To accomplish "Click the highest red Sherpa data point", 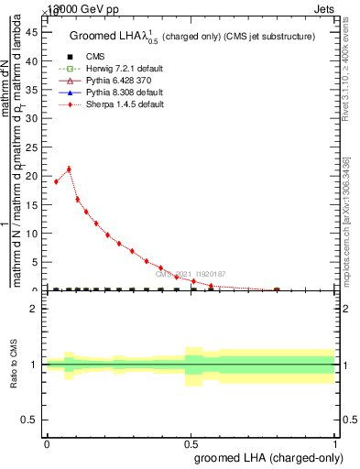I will click(69, 169).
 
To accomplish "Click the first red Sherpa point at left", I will click(56, 181).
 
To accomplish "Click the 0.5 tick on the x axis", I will click(191, 442).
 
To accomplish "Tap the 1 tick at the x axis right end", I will click(335, 442).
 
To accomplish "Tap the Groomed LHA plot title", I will click(192, 36).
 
